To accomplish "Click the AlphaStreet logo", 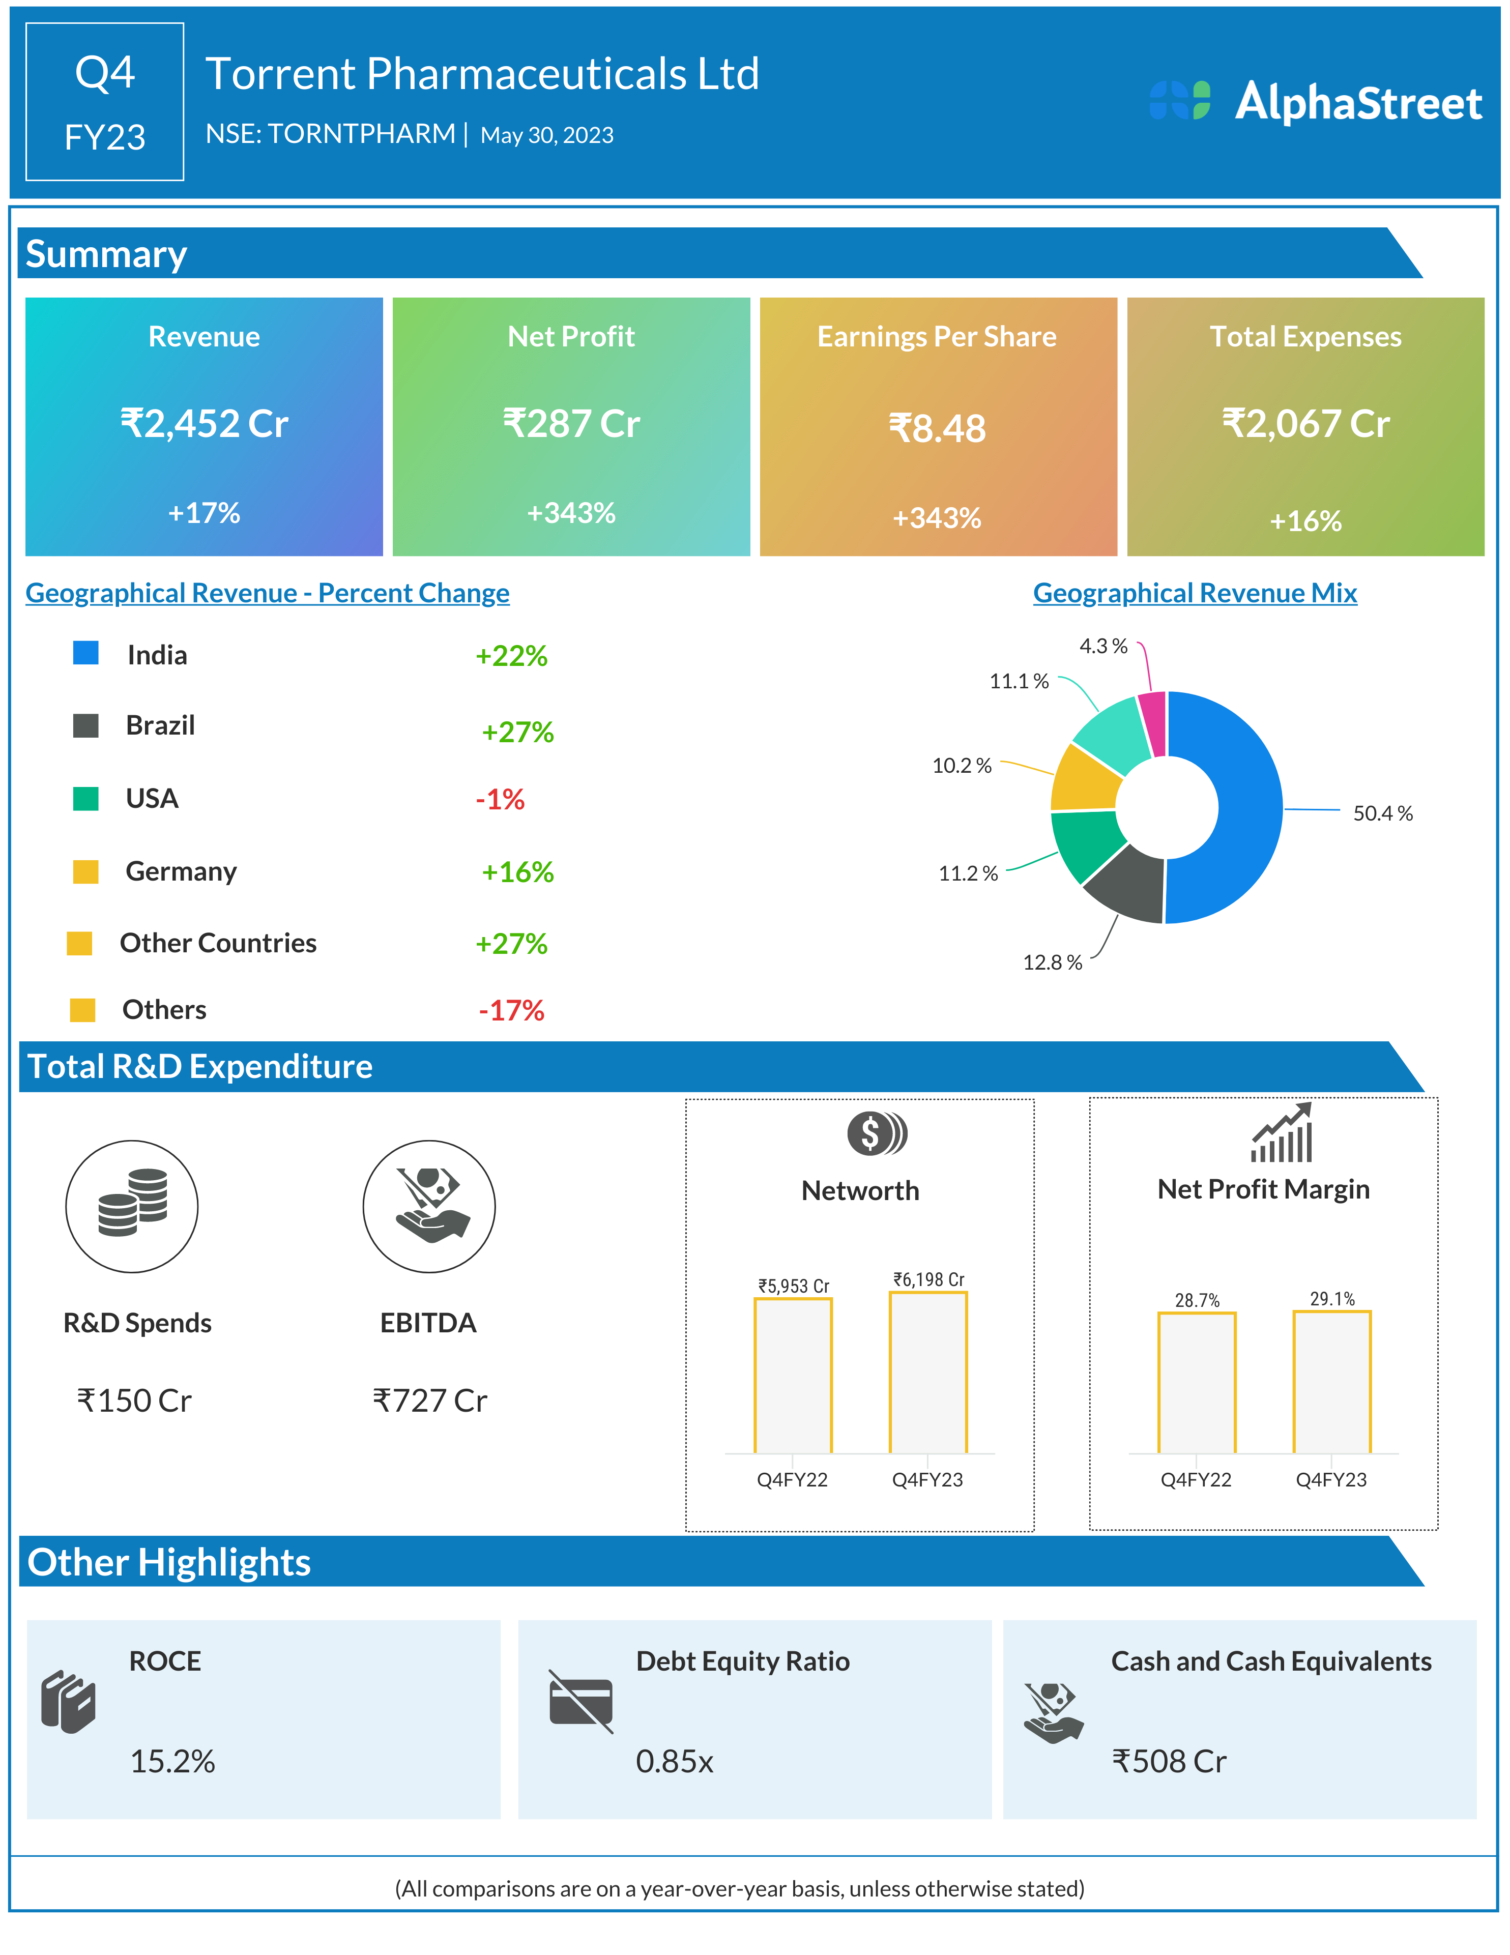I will [1316, 101].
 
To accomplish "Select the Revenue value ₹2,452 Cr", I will [204, 423].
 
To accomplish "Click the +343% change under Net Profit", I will [571, 513].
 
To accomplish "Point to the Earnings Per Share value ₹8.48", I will [937, 428].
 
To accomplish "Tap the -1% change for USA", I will [500, 799].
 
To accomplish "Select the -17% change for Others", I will [511, 1011].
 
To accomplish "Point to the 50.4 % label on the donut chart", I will [1382, 813].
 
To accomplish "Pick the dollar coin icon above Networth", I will [876, 1133].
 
